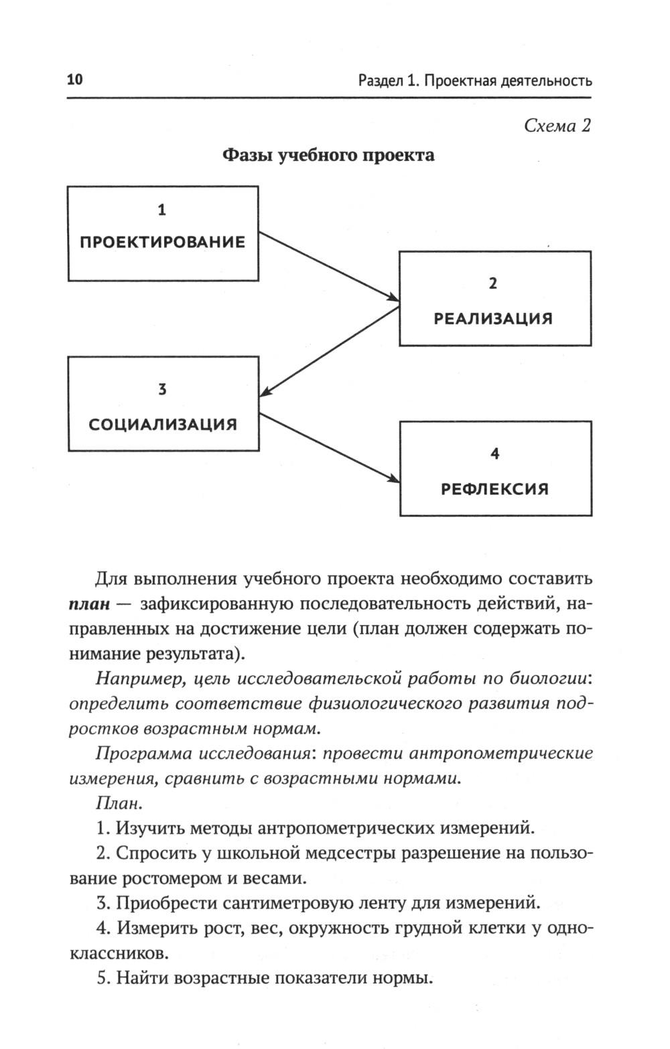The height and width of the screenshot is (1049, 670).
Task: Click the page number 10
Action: pyautogui.click(x=74, y=80)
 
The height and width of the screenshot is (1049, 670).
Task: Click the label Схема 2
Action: pyautogui.click(x=557, y=125)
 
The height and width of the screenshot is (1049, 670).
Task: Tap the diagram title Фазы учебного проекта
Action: pyautogui.click(x=328, y=155)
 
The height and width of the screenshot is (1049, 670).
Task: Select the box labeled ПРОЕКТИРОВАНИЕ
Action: pyautogui.click(x=163, y=233)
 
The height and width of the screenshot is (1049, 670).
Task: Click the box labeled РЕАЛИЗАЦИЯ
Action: pyautogui.click(x=494, y=299)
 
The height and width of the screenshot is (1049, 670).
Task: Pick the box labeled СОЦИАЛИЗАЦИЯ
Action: pyautogui.click(x=163, y=403)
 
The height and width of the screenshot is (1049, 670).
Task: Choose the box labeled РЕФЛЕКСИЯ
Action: pyautogui.click(x=494, y=468)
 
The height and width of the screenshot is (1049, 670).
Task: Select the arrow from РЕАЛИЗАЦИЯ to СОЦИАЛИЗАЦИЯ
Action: pyautogui.click(x=328, y=351)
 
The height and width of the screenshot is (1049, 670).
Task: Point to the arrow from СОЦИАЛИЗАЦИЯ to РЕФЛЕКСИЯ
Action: pyautogui.click(x=328, y=447)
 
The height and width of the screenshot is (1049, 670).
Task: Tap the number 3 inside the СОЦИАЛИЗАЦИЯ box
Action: pyautogui.click(x=162, y=389)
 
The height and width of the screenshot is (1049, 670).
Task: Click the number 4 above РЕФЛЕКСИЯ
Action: pyautogui.click(x=494, y=454)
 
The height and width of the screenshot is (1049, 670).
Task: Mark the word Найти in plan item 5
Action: pyautogui.click(x=141, y=978)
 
